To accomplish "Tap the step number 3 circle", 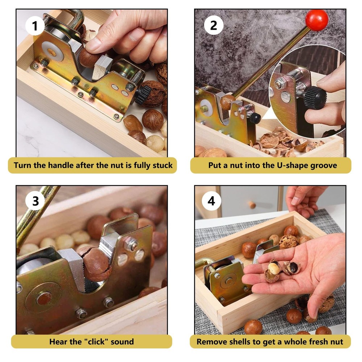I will click(35, 201).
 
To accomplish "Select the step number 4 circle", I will click(211, 201).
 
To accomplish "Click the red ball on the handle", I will click(316, 20).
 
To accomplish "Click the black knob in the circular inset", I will click(314, 97).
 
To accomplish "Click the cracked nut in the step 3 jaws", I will click(95, 263).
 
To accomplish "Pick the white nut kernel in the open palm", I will click(274, 268).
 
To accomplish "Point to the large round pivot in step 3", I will click(44, 298).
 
